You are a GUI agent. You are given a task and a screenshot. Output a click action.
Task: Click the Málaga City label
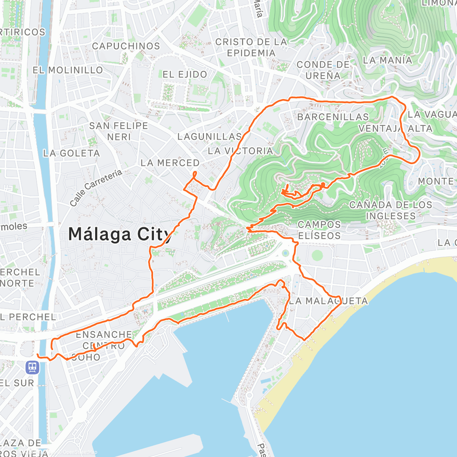[x=120, y=234]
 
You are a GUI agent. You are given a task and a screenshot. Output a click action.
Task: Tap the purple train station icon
[x=32, y=368]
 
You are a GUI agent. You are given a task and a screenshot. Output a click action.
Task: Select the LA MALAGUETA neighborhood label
[x=328, y=301]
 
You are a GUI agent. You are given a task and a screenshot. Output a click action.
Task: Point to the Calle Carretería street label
[x=96, y=188]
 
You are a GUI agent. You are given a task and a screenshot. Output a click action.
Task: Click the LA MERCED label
[x=170, y=163]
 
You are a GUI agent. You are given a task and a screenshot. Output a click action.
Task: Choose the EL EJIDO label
[x=185, y=74]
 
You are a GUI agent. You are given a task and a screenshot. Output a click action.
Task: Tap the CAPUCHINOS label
[x=126, y=46]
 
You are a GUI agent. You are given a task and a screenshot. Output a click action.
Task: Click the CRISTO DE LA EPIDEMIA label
[x=251, y=47]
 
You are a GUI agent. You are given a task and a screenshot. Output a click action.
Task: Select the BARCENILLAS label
[x=333, y=117]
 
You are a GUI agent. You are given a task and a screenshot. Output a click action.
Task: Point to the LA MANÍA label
[x=387, y=60]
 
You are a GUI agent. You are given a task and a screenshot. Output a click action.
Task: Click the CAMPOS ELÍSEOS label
[x=319, y=230]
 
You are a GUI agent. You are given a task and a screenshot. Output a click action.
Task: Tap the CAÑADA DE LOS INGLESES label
[x=390, y=210]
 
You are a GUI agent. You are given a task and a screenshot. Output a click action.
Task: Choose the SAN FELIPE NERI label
[x=118, y=131]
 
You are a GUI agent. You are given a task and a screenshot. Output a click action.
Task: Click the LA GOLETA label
[x=71, y=153]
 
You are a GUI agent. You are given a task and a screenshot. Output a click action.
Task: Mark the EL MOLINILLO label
[x=68, y=70]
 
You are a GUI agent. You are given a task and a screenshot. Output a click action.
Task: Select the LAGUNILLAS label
[x=209, y=136]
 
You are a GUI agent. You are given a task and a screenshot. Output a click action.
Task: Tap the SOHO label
[x=86, y=357]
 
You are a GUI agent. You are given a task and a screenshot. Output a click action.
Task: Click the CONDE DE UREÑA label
[x=323, y=70]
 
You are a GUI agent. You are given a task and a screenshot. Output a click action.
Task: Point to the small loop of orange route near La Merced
[x=194, y=175]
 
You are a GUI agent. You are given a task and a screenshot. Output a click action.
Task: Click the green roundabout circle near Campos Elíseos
[x=317, y=255]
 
